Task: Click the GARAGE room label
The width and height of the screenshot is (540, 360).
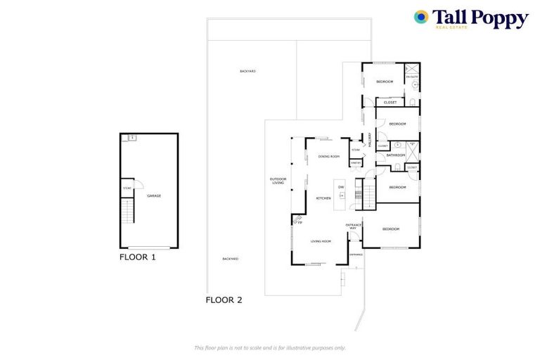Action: (154, 195)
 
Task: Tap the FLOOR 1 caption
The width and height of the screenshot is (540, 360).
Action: (137, 257)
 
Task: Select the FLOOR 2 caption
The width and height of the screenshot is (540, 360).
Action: (224, 300)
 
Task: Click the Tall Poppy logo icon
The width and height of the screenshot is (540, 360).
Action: (421, 17)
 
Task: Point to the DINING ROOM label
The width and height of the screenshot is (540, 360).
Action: (328, 156)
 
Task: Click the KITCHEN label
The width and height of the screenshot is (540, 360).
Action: (323, 198)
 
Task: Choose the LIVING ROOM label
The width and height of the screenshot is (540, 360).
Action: (321, 241)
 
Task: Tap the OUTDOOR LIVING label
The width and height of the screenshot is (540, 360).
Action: (278, 181)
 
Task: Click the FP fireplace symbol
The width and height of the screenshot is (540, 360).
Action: (297, 223)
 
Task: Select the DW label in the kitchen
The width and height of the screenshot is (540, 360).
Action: (341, 186)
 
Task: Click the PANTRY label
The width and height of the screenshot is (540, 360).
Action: (356, 163)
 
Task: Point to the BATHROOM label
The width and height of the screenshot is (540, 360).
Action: (395, 155)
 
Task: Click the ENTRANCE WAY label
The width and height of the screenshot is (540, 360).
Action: (354, 226)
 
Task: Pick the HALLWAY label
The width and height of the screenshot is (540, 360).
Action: (368, 140)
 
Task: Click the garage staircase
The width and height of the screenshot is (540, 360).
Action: (127, 210)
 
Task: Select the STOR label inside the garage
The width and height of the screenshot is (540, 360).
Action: (127, 188)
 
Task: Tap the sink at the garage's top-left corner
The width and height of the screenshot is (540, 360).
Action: (131, 138)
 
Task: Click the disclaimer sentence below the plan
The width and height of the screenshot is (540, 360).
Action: (270, 347)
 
